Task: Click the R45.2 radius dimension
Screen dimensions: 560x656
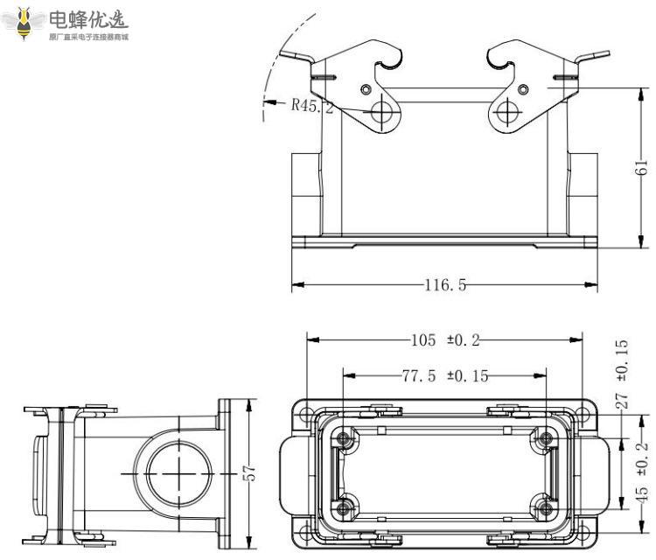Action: tap(311, 106)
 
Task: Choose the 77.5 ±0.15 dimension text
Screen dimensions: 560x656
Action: tap(445, 375)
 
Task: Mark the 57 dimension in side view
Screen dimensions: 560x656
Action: tap(250, 472)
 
